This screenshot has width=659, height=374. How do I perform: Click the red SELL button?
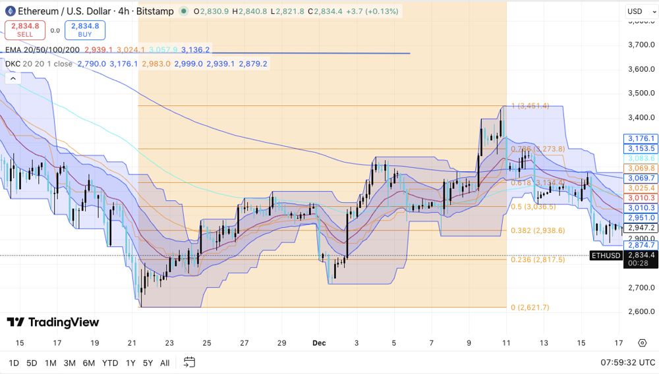20,30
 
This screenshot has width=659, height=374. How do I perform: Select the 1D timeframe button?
13,363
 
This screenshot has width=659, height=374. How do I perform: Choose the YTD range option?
111,363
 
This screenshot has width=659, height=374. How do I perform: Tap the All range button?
165,363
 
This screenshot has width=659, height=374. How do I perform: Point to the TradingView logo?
53,322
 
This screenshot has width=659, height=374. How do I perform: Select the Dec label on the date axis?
319,343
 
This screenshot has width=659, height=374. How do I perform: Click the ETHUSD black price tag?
606,255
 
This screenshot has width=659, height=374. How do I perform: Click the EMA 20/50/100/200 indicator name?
43,49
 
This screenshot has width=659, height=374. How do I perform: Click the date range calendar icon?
190,362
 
